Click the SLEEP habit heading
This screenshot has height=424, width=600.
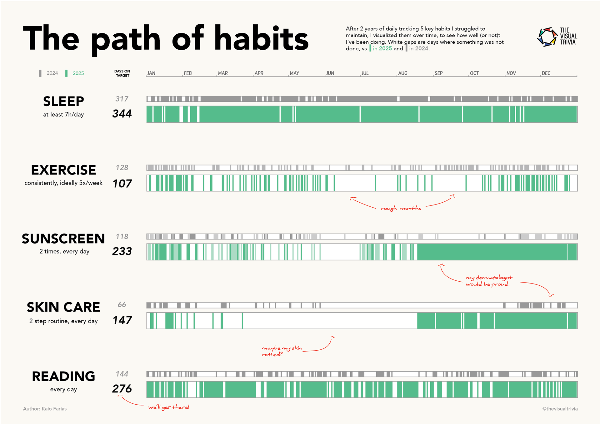[x=63, y=101]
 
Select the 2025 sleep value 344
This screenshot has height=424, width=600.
[x=122, y=114]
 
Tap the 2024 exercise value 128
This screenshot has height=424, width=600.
[x=122, y=168]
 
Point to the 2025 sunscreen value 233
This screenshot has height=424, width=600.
[x=122, y=251]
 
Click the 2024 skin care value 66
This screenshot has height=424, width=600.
[x=122, y=304]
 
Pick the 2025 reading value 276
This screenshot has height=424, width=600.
[x=122, y=389]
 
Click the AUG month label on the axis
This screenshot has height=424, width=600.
[x=402, y=73]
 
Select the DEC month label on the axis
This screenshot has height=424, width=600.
[x=546, y=73]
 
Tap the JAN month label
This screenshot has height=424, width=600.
[x=151, y=73]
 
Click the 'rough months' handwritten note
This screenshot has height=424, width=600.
[x=401, y=208]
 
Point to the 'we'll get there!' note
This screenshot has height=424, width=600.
[x=169, y=407]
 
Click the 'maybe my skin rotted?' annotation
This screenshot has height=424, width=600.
[x=281, y=351]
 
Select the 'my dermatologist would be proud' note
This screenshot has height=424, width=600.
[x=489, y=281]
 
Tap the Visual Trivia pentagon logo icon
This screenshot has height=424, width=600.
[x=547, y=37]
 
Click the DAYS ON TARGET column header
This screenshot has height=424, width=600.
[x=122, y=73]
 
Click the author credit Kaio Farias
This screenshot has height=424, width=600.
[x=45, y=409]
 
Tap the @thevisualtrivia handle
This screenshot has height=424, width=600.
[x=560, y=409]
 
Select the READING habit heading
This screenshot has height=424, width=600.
[x=63, y=377]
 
